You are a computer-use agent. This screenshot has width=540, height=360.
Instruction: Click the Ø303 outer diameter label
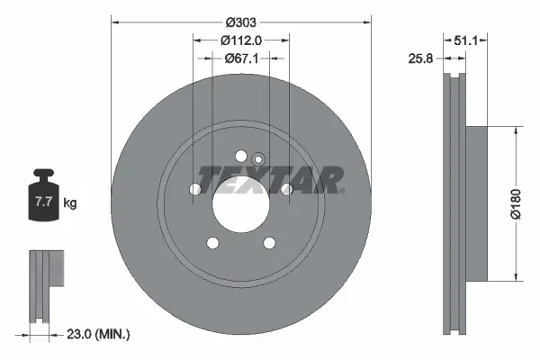click(241, 20)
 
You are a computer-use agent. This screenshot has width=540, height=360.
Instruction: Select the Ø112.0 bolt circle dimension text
click(241, 40)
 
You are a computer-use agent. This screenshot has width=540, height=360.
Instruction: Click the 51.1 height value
click(465, 40)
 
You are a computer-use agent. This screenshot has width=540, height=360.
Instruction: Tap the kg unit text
click(70, 203)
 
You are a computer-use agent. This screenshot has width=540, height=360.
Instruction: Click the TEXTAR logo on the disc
click(270, 180)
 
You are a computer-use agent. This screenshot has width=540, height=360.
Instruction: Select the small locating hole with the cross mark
click(257, 159)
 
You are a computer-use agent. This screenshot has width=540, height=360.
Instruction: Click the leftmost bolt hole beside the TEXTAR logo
click(196, 189)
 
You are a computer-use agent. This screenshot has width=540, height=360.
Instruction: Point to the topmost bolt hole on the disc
click(240, 157)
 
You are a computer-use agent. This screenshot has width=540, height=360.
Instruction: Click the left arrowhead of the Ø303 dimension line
click(114, 20)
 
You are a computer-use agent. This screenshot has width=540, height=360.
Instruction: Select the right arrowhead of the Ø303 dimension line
click(368, 20)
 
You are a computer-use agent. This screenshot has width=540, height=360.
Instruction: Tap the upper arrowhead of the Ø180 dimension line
click(515, 130)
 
